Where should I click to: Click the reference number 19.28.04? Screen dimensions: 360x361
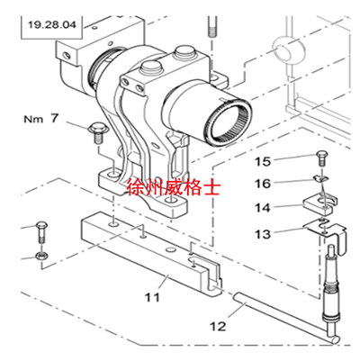[52, 24]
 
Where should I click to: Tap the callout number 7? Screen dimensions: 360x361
[54, 118]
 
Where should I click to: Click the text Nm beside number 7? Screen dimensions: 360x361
[33, 119]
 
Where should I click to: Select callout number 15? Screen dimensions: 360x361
[263, 162]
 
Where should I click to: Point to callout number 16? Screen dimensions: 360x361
[263, 184]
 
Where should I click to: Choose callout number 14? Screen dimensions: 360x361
[263, 208]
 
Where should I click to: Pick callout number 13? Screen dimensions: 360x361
[263, 234]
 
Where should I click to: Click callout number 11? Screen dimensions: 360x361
[152, 297]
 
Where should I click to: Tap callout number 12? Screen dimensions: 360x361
[218, 326]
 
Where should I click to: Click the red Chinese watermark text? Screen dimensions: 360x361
[174, 187]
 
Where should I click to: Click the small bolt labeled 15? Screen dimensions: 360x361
[321, 158]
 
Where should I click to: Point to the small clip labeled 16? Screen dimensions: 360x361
[320, 178]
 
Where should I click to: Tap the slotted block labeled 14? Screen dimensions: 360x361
[320, 204]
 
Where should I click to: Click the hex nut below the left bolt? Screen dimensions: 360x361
[40, 256]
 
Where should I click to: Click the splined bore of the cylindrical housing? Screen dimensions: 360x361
[229, 124]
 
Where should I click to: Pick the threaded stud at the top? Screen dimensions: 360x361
[211, 26]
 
